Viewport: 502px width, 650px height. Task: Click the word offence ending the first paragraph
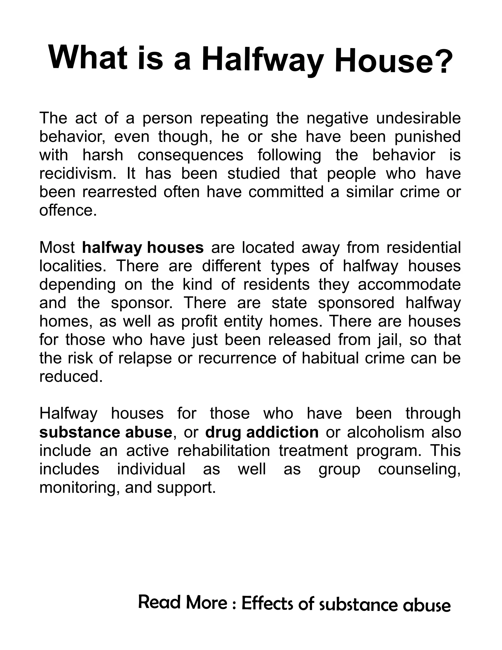click(68, 210)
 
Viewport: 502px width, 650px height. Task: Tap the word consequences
click(190, 155)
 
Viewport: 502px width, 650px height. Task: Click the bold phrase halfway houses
click(143, 248)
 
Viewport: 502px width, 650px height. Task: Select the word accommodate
click(409, 285)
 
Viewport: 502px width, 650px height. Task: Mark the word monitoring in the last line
click(78, 488)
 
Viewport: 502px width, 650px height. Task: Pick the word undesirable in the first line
click(418, 118)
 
